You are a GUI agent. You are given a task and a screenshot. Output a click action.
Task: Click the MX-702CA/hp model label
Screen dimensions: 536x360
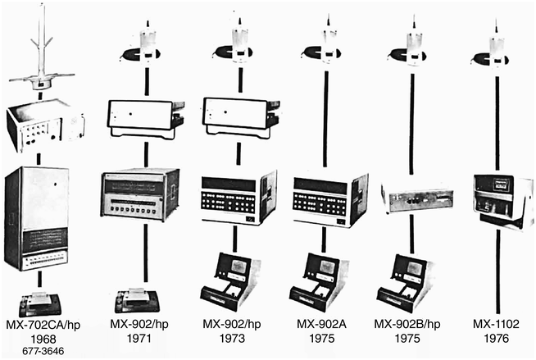pyautogui.click(x=43, y=325)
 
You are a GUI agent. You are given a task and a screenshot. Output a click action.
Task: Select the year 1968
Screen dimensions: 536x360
pyautogui.click(x=43, y=339)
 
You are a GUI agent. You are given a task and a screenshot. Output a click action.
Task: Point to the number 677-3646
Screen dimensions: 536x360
pyautogui.click(x=43, y=351)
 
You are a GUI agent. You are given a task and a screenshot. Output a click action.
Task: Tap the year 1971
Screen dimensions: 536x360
pyautogui.click(x=139, y=339)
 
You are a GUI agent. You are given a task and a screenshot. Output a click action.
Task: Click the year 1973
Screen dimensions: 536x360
pyautogui.click(x=232, y=339)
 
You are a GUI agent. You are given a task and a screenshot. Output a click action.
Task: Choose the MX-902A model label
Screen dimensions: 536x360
pyautogui.click(x=321, y=324)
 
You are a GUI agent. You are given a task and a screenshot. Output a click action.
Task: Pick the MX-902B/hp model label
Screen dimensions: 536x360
pyautogui.click(x=407, y=324)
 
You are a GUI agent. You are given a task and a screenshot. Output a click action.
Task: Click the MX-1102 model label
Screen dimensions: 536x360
pyautogui.click(x=496, y=324)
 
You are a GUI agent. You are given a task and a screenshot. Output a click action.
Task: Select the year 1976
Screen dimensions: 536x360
pyautogui.click(x=497, y=339)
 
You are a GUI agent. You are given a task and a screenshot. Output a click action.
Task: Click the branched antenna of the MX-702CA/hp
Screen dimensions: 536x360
pyautogui.click(x=42, y=48)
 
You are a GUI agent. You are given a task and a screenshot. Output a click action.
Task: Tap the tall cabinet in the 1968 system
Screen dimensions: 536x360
pyautogui.click(x=37, y=218)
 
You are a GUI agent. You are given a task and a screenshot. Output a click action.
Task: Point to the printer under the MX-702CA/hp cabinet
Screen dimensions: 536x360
pyautogui.click(x=40, y=303)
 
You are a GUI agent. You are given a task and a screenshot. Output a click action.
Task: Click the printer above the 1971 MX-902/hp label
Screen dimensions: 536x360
pyautogui.click(x=137, y=301)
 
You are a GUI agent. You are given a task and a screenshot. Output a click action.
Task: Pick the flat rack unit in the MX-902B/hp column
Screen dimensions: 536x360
pyautogui.click(x=418, y=198)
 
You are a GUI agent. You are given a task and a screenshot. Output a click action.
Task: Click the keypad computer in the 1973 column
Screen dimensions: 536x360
pyautogui.click(x=238, y=198)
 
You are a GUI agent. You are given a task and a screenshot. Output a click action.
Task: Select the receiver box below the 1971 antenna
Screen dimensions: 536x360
pyautogui.click(x=147, y=119)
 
